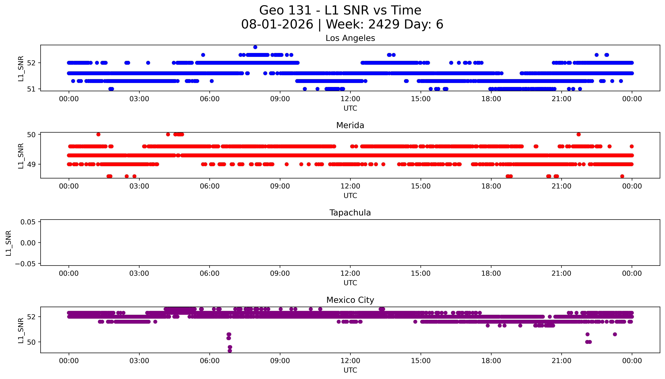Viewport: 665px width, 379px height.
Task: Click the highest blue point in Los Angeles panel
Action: (255, 47)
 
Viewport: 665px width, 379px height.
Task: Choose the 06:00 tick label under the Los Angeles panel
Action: (210, 99)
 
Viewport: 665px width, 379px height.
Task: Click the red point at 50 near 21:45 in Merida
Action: (578, 134)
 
